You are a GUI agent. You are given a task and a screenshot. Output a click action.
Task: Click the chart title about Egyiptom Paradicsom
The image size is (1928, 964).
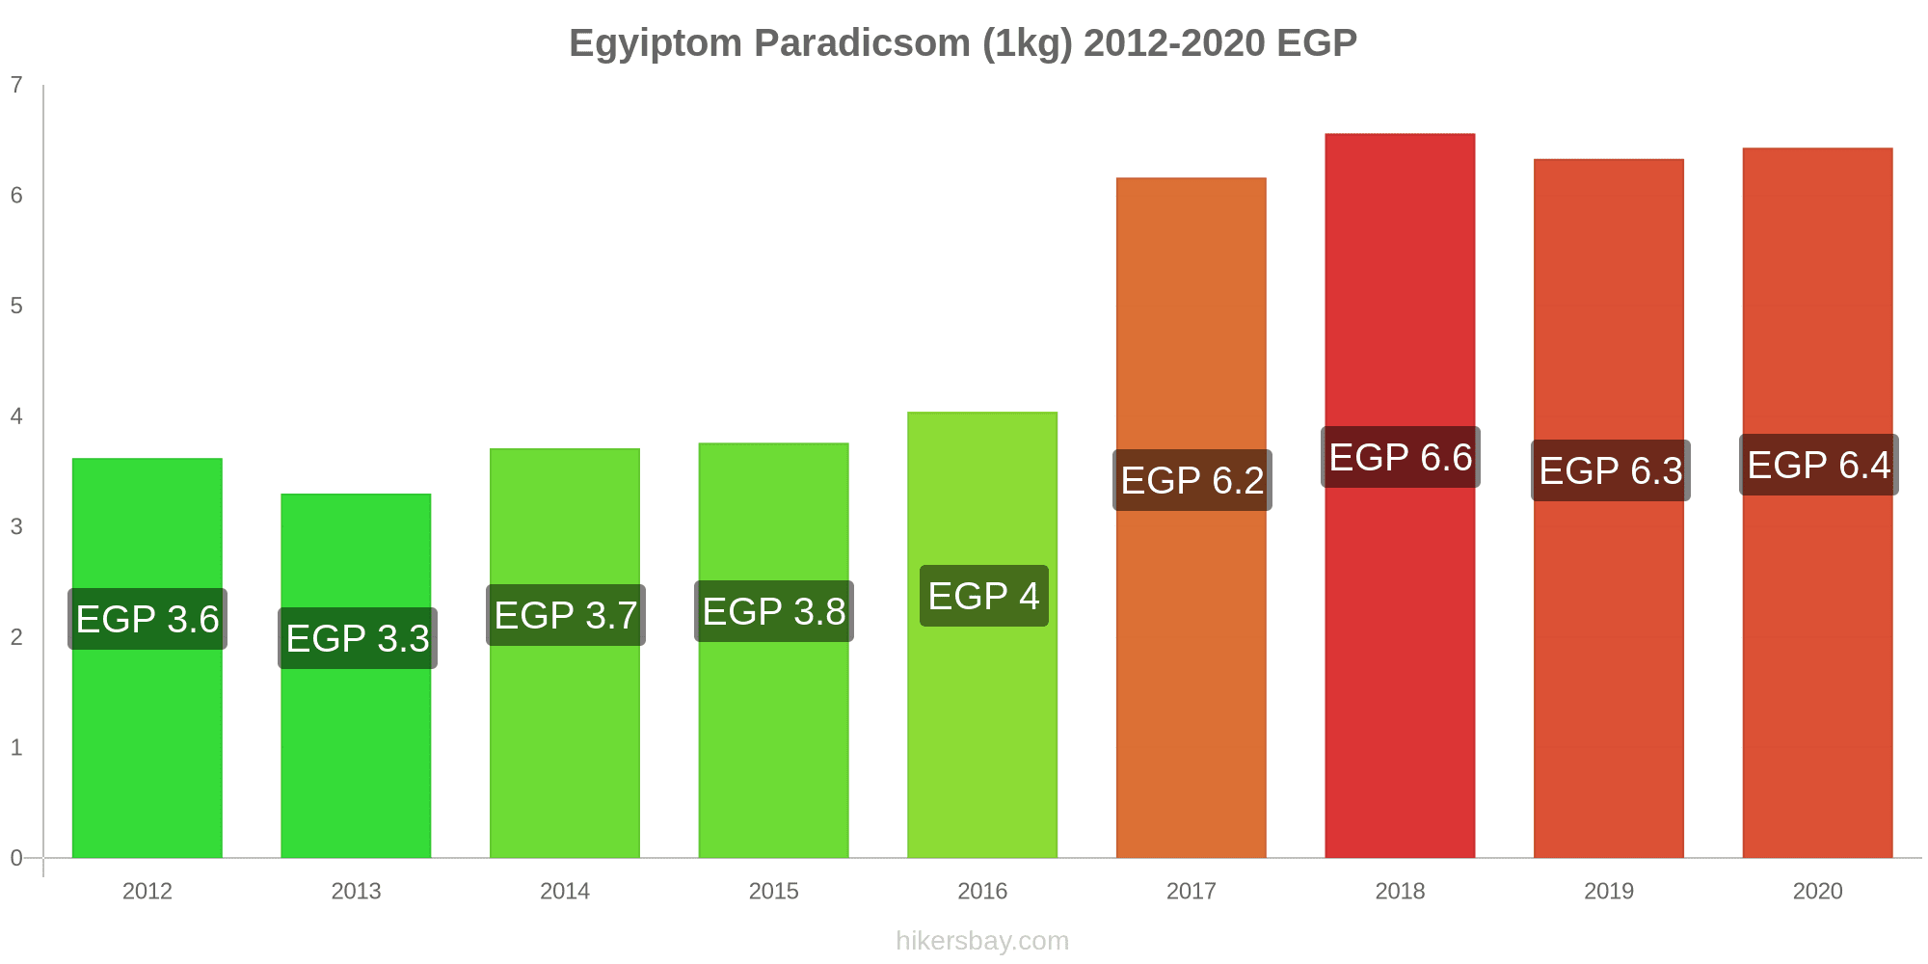coord(963,43)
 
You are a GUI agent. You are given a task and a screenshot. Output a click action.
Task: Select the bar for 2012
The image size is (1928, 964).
coord(147,658)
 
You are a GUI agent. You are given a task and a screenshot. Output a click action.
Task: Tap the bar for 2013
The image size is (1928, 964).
coord(356,676)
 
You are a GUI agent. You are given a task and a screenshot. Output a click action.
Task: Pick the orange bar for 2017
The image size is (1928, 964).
coord(1192,518)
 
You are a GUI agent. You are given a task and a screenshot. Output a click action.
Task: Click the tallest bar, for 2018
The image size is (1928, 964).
coord(1400,495)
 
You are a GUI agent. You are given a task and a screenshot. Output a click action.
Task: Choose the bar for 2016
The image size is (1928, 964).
coord(982,635)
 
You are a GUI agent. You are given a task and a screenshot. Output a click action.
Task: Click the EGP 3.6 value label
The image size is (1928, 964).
coord(147,619)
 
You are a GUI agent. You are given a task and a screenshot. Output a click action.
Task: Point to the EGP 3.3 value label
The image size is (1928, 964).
coord(358,638)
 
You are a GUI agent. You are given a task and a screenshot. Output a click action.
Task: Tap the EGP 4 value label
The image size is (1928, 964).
coord(984,596)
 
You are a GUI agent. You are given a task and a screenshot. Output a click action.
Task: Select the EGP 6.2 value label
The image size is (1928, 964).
coord(1192,480)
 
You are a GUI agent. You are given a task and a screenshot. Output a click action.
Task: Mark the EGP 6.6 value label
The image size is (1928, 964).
coord(1401,457)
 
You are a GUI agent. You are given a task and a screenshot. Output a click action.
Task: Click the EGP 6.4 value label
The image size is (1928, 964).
coord(1819,465)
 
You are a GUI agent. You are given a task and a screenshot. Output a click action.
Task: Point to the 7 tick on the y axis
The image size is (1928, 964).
coord(16,85)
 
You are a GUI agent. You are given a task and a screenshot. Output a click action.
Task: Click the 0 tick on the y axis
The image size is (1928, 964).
coord(16,858)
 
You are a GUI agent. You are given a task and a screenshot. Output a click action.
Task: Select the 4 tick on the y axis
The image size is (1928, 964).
coord(16,416)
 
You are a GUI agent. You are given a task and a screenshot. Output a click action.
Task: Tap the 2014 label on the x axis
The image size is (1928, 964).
coord(565,891)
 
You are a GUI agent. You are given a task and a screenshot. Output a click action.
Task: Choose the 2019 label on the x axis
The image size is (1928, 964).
coord(1609,891)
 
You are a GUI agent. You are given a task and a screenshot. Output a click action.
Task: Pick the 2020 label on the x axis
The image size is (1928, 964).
coord(1817,891)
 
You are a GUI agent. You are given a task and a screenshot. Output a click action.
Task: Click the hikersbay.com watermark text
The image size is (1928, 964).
coord(982,941)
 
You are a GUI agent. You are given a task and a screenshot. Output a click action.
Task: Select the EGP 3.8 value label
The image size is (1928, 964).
coord(774,611)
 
